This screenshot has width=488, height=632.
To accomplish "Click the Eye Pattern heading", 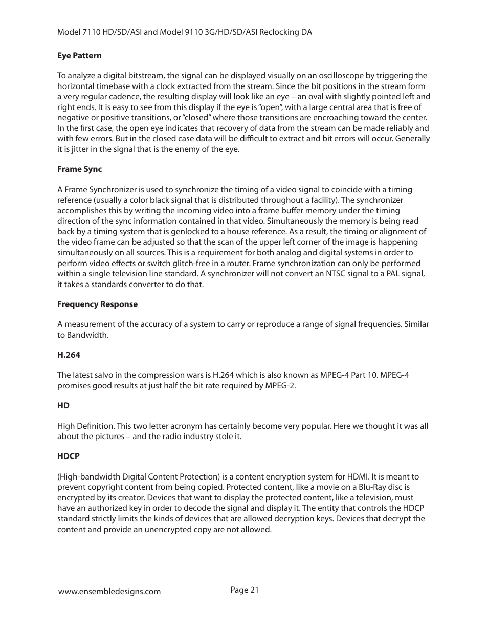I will coord(79,56).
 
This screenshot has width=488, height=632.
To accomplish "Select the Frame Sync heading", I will coord(79,169).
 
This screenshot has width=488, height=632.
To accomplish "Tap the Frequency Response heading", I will coord(97,304).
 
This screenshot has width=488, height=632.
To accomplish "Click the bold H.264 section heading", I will coord(69,355).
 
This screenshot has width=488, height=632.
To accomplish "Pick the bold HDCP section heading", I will coord(69,456).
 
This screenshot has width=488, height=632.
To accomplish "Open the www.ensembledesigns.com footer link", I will coord(109,592).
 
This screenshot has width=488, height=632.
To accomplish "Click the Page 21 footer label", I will coord(245,590).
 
